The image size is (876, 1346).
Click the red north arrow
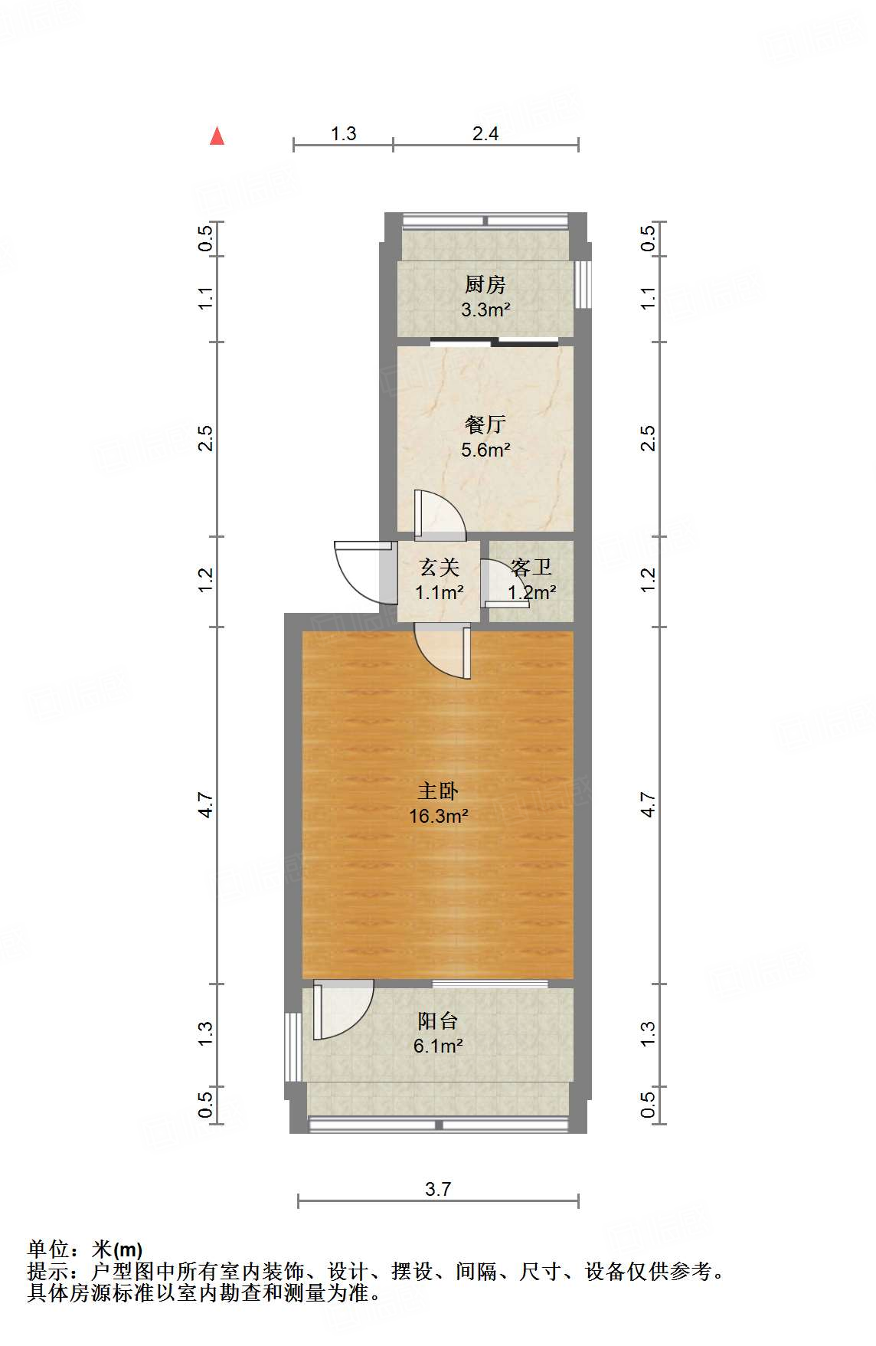[x=217, y=136]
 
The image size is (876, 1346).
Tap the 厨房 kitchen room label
[x=485, y=285]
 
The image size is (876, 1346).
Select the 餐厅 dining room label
[x=485, y=424]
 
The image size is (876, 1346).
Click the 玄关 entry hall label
[x=439, y=568]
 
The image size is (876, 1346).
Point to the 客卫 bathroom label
[x=531, y=568]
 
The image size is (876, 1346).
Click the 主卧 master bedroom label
[x=438, y=791]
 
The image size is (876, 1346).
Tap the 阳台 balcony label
[x=438, y=1021]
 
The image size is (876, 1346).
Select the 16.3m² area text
[x=438, y=817]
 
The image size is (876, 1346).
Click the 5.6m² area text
[x=485, y=450]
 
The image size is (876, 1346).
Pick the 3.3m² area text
[x=485, y=310]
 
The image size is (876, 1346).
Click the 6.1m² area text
[x=438, y=1046]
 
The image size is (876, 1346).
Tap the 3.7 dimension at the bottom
[x=438, y=1189]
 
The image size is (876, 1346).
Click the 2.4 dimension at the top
[x=485, y=134]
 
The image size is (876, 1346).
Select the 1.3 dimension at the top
[x=343, y=134]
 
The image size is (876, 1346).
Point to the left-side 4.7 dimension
[x=205, y=805]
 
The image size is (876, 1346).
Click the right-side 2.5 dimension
[x=648, y=438]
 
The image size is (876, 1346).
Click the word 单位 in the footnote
[x=48, y=1249]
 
